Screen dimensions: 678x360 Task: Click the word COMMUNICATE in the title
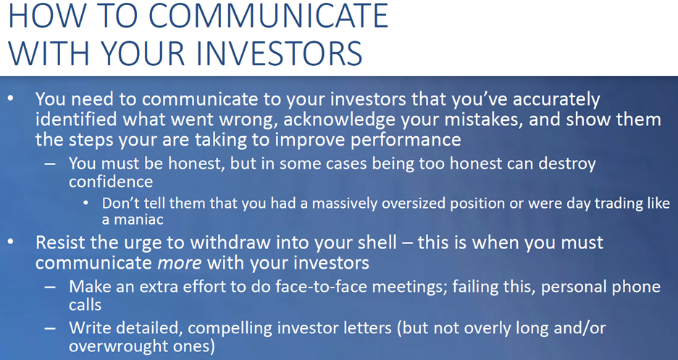pyautogui.click(x=268, y=15)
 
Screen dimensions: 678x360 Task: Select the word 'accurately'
pyautogui.click(x=556, y=100)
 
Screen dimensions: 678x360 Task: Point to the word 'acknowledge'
pyautogui.click(x=340, y=120)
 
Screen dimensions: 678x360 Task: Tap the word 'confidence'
pyautogui.click(x=111, y=182)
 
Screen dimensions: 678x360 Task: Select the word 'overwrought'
pyautogui.click(x=115, y=346)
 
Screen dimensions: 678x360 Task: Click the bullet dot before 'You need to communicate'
pyautogui.click(x=12, y=99)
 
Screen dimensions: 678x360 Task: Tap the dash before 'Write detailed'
pyautogui.click(x=50, y=328)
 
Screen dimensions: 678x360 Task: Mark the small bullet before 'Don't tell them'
pyautogui.click(x=86, y=203)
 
